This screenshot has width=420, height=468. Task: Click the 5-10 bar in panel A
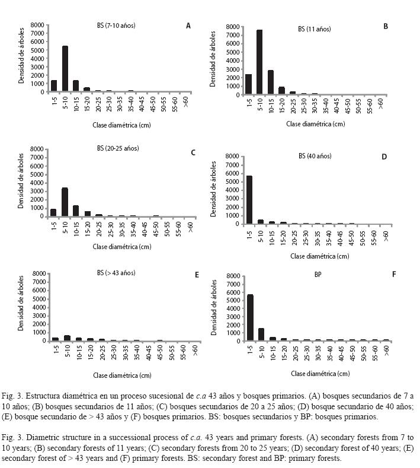coord(65,69)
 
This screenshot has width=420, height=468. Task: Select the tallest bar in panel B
coord(259,62)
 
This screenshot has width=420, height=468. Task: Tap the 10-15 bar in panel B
coord(270,82)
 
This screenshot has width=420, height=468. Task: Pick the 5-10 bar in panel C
coord(65,202)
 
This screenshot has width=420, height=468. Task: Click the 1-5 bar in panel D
coord(249,200)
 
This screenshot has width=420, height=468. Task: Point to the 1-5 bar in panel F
coord(250,317)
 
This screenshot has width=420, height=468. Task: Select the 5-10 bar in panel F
coord(261,335)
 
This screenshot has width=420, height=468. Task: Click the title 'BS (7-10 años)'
coord(116,26)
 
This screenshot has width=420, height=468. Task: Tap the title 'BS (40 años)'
coord(315,156)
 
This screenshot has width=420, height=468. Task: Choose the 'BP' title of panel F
coord(318,274)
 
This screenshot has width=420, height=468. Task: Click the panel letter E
coord(197,275)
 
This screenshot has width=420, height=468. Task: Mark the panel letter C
coord(193,152)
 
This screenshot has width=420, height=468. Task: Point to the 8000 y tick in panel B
coord(232,27)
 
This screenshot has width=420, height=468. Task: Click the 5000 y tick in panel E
coord(40,299)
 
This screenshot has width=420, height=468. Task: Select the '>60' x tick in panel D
coord(386,236)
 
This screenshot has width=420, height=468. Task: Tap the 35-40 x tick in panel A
coord(131,104)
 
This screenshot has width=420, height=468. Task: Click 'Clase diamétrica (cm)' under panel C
coord(122,247)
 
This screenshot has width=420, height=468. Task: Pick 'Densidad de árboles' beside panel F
coord(214,307)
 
